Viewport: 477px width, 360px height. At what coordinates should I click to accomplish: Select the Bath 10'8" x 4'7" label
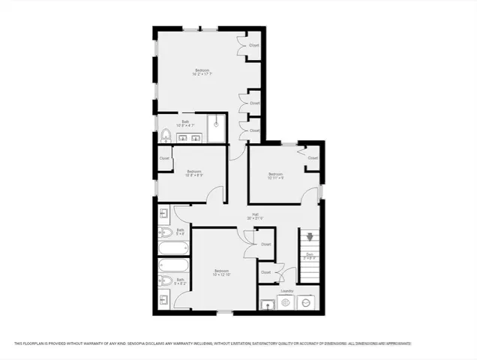coord(185,124)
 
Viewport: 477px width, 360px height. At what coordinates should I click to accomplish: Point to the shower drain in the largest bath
coord(217,127)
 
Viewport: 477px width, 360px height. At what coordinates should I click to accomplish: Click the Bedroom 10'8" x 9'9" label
coord(195,172)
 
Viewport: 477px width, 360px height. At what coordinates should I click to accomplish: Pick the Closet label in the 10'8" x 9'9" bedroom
coord(164,158)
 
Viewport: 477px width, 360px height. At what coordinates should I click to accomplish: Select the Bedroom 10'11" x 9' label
coord(276,175)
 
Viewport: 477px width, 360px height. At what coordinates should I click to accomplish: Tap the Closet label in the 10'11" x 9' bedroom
coord(313,158)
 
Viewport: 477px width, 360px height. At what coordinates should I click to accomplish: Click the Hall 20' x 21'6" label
coord(255,217)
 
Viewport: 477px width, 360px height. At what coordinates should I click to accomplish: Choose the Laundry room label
coord(286,291)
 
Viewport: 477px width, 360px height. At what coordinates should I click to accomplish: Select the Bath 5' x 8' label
coord(180,232)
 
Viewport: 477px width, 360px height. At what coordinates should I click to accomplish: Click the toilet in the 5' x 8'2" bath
coord(165,281)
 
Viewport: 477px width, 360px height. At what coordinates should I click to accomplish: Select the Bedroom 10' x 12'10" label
coord(221,271)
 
